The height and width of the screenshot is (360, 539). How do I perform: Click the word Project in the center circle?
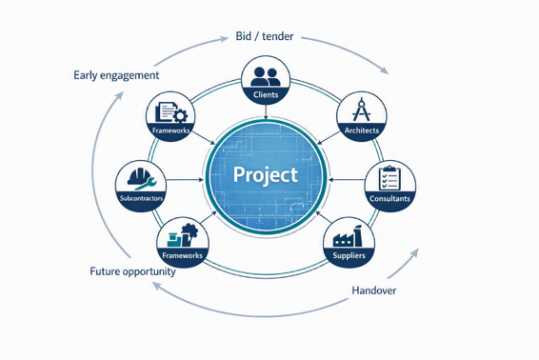point(266,174)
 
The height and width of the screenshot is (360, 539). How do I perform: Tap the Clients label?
point(266,94)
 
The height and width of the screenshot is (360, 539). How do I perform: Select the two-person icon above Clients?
point(266,76)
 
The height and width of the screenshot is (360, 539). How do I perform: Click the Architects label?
point(362,130)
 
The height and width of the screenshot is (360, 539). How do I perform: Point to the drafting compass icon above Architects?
point(361,110)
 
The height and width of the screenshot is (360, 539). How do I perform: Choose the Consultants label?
point(389,198)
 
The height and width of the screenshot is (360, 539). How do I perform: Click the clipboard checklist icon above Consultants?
point(389,178)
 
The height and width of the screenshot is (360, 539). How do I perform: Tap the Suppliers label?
point(349,255)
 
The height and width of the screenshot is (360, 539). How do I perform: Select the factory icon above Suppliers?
point(348,236)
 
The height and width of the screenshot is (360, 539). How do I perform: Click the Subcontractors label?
point(141,198)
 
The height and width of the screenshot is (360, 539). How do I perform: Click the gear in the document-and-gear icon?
point(180,115)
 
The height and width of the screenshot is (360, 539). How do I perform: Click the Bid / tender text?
point(265,36)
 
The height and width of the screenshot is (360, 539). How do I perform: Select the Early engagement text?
point(116,75)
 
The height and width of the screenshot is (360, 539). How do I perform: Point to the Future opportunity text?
point(132,271)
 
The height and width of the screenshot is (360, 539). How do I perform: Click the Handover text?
point(373,290)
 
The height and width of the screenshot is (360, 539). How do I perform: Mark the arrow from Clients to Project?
point(266,111)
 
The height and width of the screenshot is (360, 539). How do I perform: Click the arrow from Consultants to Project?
point(347,179)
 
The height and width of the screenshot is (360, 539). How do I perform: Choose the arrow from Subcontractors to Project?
point(185,179)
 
